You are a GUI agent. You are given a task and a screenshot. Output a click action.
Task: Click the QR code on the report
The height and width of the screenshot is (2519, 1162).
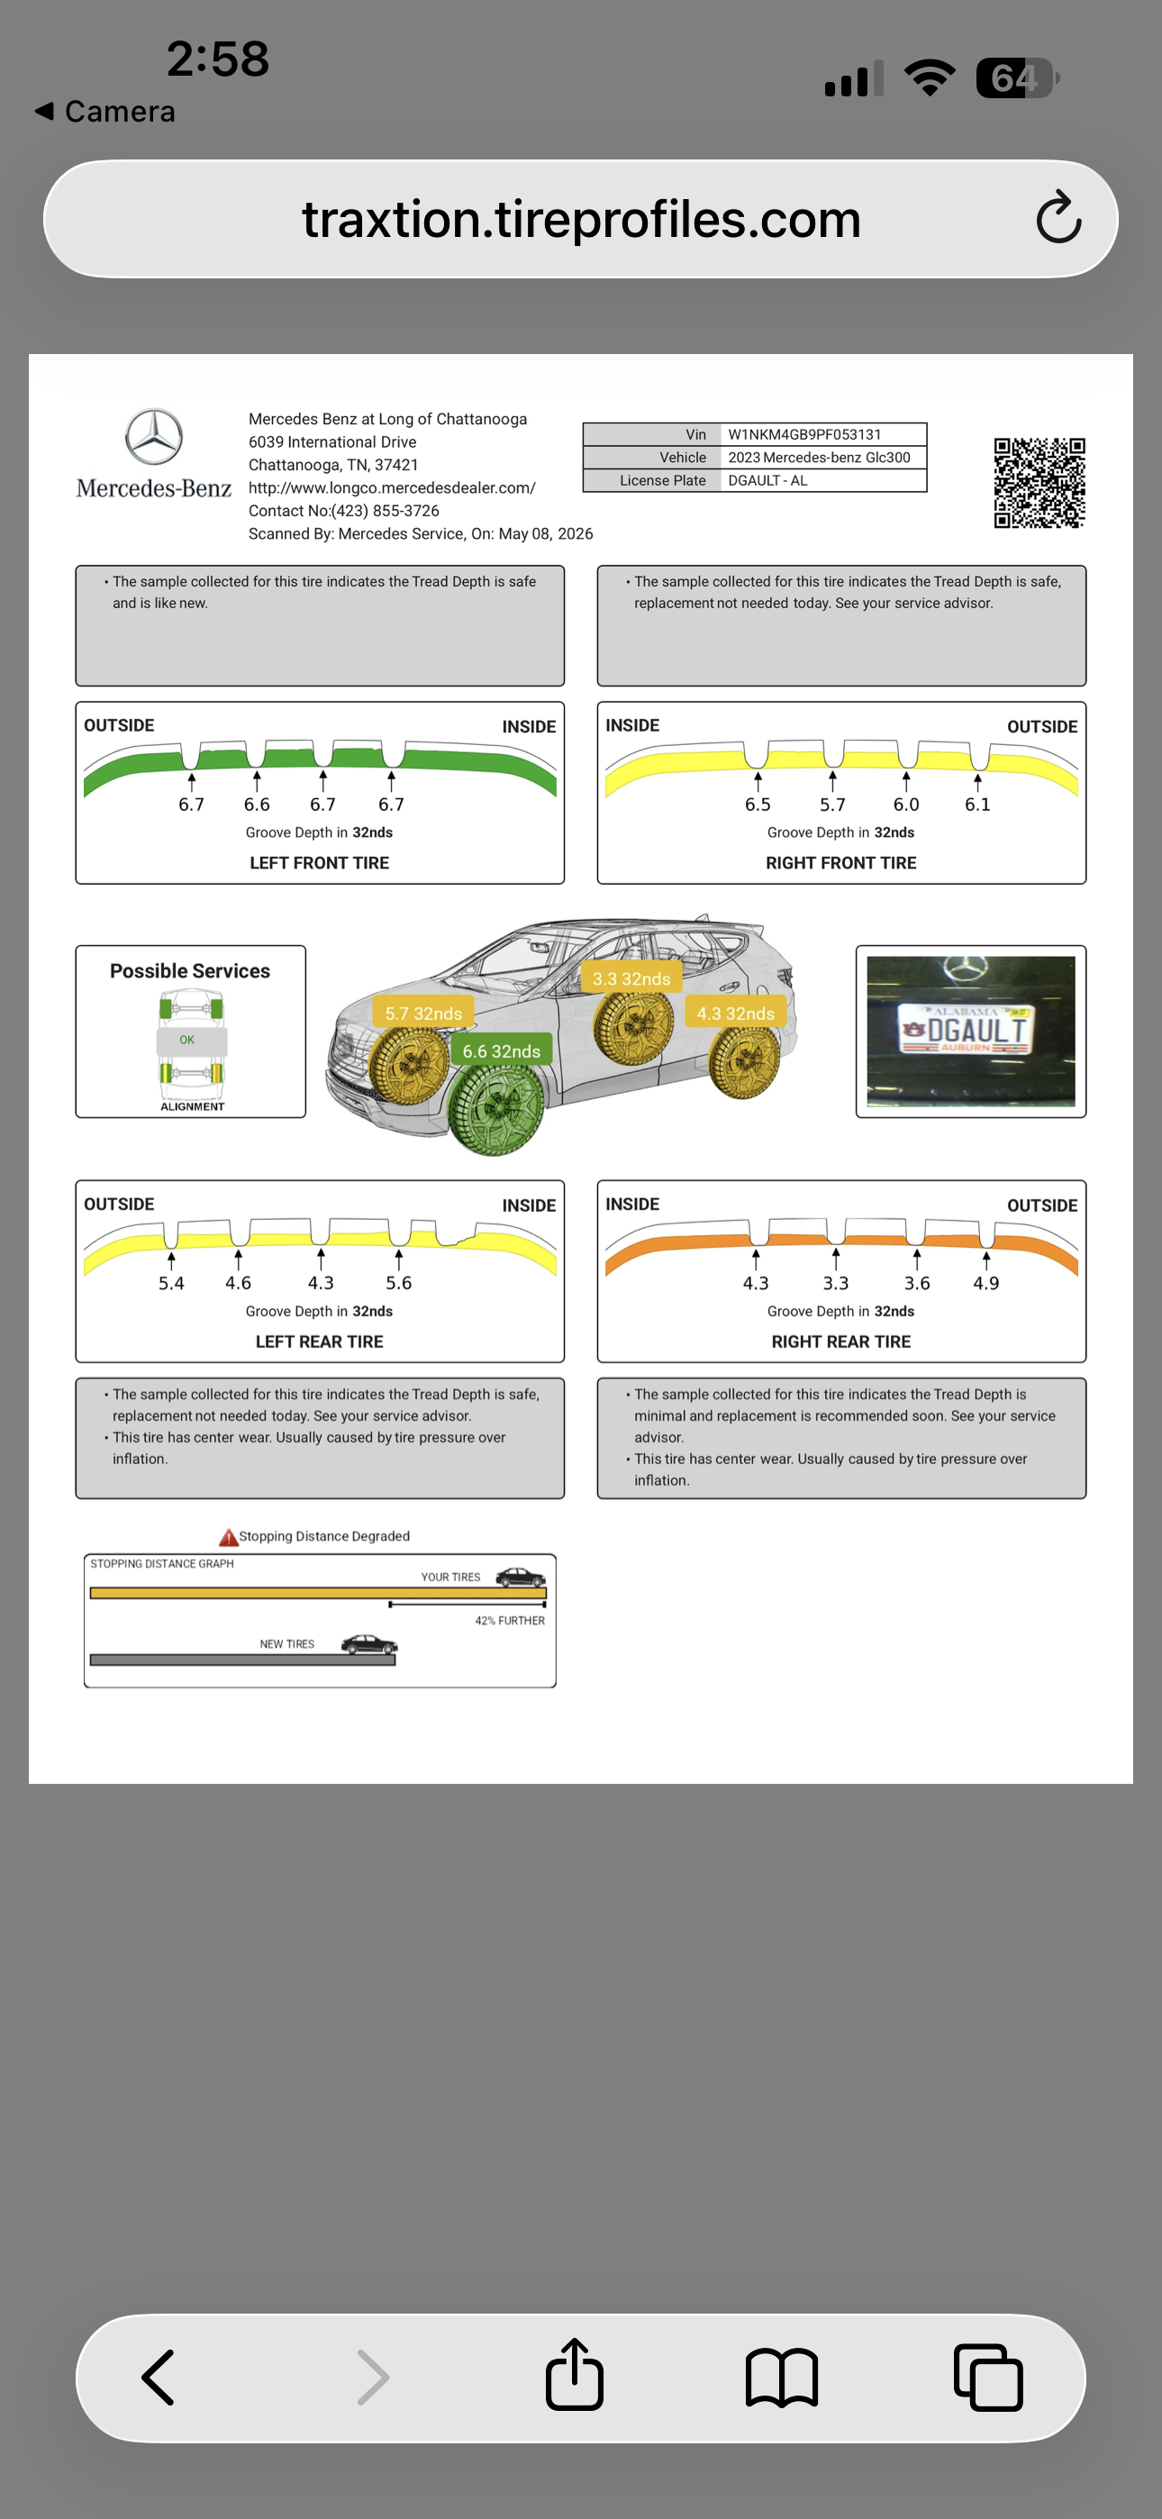(1039, 482)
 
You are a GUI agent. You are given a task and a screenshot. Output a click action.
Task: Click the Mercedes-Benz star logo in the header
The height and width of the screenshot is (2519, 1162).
(153, 436)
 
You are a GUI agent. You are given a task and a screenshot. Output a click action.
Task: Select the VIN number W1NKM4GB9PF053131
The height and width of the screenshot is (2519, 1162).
(804, 434)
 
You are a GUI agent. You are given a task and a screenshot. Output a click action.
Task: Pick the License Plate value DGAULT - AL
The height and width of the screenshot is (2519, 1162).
(767, 480)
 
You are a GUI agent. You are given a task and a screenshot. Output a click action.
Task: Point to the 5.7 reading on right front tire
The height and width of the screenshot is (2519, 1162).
(832, 804)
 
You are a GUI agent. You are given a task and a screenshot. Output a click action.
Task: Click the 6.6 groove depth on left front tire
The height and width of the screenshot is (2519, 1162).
(256, 804)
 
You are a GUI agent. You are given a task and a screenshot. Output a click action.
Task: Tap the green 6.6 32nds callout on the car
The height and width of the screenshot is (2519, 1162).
(501, 1050)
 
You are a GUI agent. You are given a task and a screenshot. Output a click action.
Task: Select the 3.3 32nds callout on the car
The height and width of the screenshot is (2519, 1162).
(631, 978)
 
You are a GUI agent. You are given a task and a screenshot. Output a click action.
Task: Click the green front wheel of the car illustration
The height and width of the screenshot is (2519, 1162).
(496, 1108)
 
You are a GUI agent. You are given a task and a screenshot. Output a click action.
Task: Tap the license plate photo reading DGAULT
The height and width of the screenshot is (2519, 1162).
(970, 1031)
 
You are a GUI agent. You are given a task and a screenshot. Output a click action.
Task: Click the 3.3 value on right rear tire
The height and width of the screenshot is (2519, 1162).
(835, 1283)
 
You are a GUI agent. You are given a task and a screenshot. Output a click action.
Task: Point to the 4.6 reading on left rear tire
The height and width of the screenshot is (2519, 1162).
(238, 1283)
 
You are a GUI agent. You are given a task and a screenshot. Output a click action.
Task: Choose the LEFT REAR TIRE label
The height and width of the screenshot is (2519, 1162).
(319, 1341)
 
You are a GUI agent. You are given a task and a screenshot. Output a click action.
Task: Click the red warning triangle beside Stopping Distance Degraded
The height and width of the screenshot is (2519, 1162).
(228, 1537)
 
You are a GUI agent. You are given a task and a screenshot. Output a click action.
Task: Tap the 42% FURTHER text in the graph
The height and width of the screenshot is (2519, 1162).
(510, 1621)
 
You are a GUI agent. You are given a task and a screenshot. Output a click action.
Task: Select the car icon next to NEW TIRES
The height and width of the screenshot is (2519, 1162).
(368, 1644)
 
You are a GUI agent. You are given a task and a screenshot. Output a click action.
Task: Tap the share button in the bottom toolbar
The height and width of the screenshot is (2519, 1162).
(574, 2374)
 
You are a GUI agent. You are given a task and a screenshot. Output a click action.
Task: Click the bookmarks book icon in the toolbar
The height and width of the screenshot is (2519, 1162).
(782, 2378)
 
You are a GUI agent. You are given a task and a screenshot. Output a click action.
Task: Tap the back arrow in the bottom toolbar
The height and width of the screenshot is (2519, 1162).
(159, 2378)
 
